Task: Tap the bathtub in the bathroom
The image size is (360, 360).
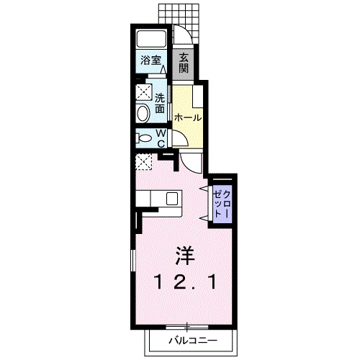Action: point(150,40)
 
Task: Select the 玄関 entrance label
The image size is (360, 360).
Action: point(184,63)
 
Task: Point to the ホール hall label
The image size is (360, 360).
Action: point(187,117)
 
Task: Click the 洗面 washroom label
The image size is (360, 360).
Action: point(160,103)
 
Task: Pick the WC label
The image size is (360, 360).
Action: point(161,138)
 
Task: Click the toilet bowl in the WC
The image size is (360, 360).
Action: point(143,138)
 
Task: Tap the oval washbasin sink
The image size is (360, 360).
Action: point(143,112)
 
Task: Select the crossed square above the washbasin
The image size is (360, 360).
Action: point(143,92)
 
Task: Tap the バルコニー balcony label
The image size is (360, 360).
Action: point(192,338)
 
